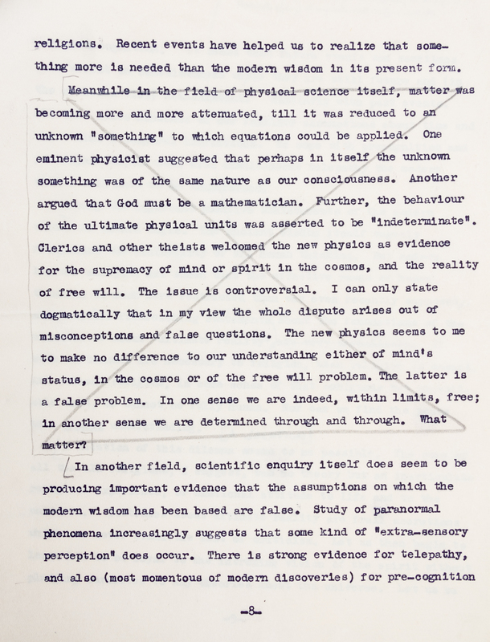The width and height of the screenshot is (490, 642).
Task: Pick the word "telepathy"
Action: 415,554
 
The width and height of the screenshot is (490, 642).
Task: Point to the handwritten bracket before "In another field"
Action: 67,464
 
